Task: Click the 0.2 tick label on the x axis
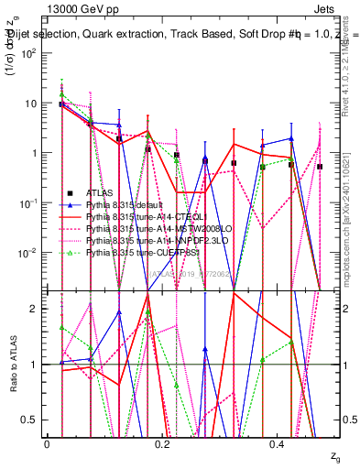(x=163, y=443)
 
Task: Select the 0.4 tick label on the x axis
(x=279, y=443)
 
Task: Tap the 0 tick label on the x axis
(x=47, y=443)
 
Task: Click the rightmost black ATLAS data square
(x=320, y=167)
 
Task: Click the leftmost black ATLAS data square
(x=60, y=104)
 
